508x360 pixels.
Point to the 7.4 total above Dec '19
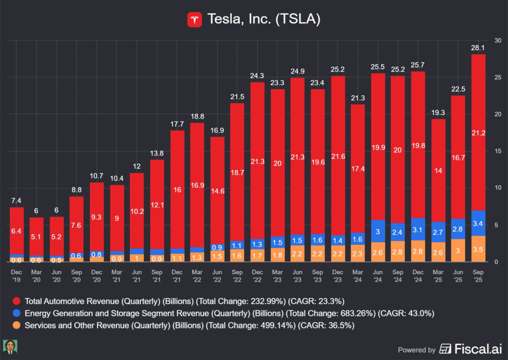17,200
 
